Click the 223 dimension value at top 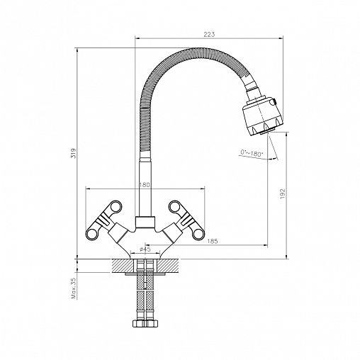[x=209, y=34]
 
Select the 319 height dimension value [x=74, y=153]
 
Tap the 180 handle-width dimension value [x=144, y=184]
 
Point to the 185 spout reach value [x=212, y=241]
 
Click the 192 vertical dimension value [x=283, y=193]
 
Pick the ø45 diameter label [x=145, y=249]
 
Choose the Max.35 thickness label [x=74, y=288]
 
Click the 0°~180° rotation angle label [x=252, y=153]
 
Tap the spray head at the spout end [x=263, y=116]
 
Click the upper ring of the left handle [x=116, y=206]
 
